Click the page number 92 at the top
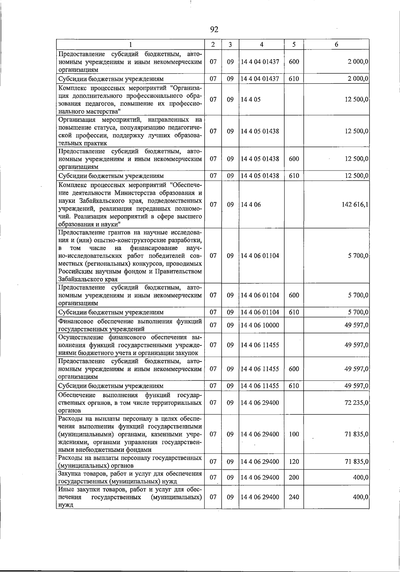214,30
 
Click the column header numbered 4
262,44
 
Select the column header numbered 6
336,44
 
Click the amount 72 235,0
356,402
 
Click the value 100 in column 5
294,434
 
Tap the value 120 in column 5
294,462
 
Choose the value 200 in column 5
294,478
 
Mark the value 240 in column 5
294,497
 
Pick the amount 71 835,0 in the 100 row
356,434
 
